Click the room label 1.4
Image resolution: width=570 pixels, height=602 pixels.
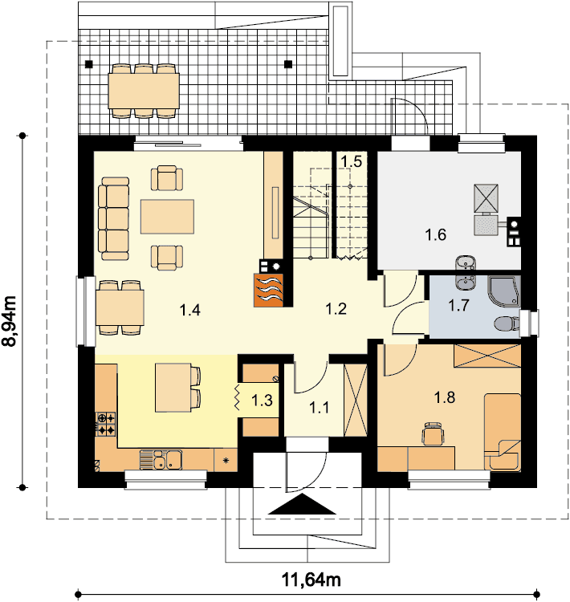[x=190, y=310]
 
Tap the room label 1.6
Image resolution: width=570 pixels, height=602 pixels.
[x=436, y=234]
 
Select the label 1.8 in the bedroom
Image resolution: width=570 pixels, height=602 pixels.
[x=445, y=397]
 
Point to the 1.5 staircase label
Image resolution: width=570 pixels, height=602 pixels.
[x=352, y=161]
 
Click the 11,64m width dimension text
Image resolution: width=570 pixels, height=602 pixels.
[x=311, y=580]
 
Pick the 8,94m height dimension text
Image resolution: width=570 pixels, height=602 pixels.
[x=10, y=321]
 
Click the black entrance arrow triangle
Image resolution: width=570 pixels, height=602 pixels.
[x=303, y=504]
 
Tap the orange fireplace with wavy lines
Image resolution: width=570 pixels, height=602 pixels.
[x=268, y=290]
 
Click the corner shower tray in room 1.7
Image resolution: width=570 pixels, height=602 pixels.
[x=504, y=291]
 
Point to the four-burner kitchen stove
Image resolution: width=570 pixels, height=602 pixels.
[x=106, y=424]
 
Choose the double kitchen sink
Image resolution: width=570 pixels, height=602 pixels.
[x=161, y=460]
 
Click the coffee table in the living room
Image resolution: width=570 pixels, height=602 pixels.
[x=167, y=217]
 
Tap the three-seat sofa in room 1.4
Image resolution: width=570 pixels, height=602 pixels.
[x=114, y=218]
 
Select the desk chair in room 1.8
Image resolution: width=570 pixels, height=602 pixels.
[x=434, y=433]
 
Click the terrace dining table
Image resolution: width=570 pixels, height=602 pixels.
[x=144, y=91]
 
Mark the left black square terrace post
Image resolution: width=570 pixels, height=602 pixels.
[x=89, y=64]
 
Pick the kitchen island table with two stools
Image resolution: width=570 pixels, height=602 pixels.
[x=178, y=388]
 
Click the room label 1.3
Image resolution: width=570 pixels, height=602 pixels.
[x=262, y=401]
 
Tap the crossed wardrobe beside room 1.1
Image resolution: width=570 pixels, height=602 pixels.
[x=356, y=400]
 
